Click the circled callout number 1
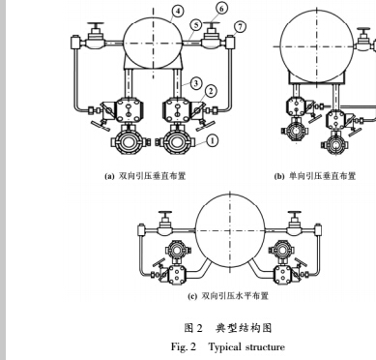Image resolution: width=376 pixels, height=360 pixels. tap(212, 138)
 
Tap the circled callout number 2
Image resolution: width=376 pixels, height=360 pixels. tap(212, 92)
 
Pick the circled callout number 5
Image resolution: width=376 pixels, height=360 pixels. tap(195, 25)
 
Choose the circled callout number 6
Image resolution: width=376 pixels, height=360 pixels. tap(223, 8)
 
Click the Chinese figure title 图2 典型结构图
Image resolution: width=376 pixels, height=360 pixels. tap(227, 327)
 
